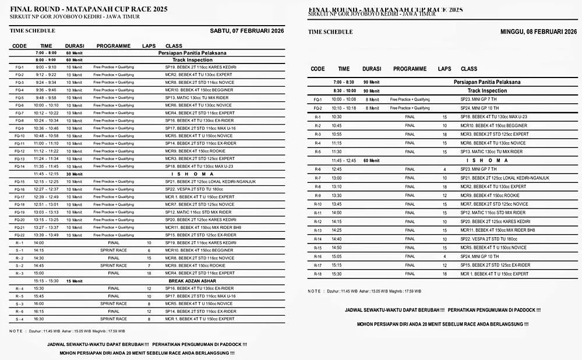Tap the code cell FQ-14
click(x=19, y=166)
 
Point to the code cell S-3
click(x=19, y=303)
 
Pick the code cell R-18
click(x=318, y=274)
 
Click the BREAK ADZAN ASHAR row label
click(x=193, y=281)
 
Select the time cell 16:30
click(x=39, y=319)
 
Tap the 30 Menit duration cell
click(x=74, y=174)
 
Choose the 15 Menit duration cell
click(x=74, y=281)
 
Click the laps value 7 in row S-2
click(x=149, y=266)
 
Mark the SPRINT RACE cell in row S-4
click(x=113, y=319)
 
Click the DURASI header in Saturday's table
click(x=74, y=46)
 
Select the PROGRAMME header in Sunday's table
click(x=410, y=69)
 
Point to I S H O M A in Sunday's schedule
click(x=487, y=160)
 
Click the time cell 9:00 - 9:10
click(x=45, y=67)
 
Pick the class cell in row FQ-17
click(x=200, y=197)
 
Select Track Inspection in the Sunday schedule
click(x=487, y=91)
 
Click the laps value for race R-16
click(x=445, y=256)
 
